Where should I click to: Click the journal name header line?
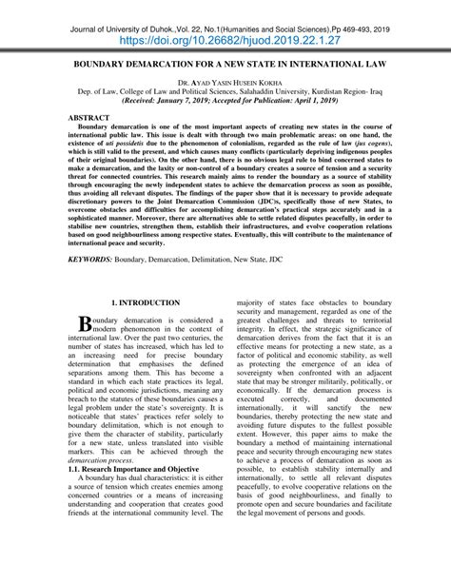pyautogui.click(x=225, y=28)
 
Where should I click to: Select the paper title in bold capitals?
pyautogui.click(x=225, y=70)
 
